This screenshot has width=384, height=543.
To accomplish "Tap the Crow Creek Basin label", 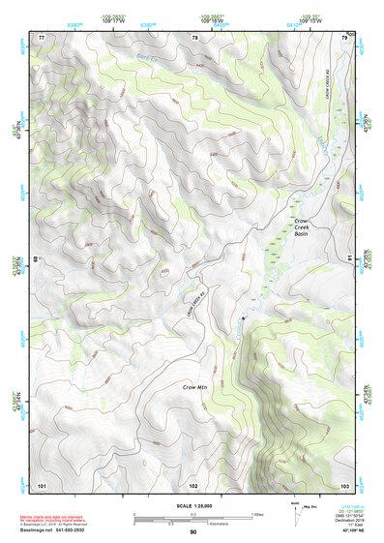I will click(x=302, y=227).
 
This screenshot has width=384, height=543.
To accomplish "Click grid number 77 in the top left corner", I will click(x=42, y=37).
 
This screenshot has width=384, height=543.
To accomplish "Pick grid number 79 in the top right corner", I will click(x=344, y=37).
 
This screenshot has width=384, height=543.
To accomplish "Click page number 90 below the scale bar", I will click(x=192, y=532).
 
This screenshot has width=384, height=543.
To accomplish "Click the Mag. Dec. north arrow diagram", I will click(x=297, y=510).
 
